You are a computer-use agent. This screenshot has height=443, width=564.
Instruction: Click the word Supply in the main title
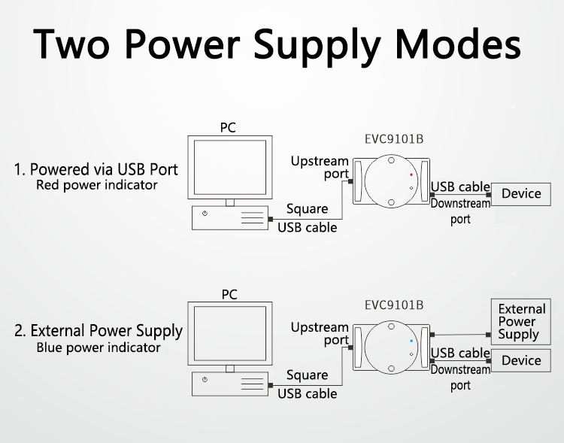(327, 45)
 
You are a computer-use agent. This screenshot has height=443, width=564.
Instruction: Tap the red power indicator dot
(411, 174)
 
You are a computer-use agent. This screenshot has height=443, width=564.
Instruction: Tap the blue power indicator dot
(411, 341)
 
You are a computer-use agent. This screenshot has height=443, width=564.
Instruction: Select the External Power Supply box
(521, 322)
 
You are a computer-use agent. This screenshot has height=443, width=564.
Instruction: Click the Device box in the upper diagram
(520, 194)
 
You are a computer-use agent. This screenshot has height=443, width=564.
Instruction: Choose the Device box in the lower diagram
(520, 361)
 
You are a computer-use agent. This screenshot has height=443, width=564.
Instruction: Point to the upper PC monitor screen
(229, 166)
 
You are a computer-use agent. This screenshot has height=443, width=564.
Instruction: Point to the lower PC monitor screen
(229, 333)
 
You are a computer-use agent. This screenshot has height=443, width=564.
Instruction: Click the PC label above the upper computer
(228, 128)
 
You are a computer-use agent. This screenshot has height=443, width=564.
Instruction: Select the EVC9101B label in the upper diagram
(393, 139)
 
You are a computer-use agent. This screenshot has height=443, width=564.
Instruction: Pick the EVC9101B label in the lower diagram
(393, 305)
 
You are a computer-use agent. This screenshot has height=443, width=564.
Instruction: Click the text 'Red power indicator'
(97, 185)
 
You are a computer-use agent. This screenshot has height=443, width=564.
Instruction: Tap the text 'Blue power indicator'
(99, 348)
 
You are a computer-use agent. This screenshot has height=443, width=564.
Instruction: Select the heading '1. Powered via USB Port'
(96, 168)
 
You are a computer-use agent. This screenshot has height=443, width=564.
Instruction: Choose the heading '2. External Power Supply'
(99, 331)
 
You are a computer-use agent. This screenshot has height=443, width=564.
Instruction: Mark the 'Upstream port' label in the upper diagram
(320, 167)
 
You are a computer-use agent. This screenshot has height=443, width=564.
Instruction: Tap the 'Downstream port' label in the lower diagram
(460, 378)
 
